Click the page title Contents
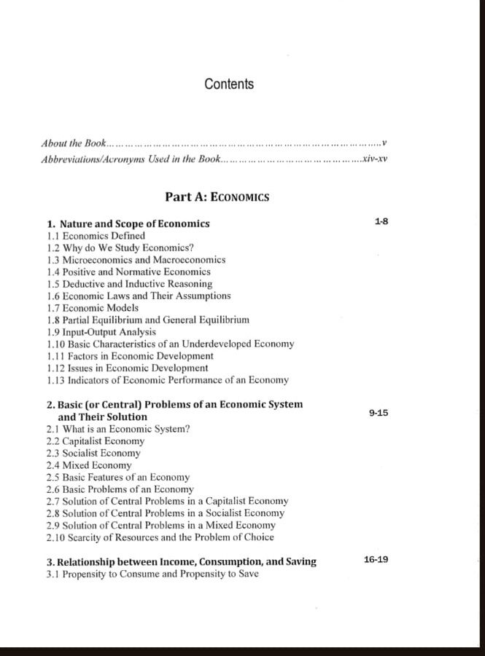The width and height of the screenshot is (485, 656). pyautogui.click(x=229, y=84)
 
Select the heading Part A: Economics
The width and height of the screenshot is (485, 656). pyautogui.click(x=217, y=197)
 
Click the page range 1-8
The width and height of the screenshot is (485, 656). pyautogui.click(x=381, y=221)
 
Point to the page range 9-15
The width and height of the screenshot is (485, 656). pyautogui.click(x=379, y=413)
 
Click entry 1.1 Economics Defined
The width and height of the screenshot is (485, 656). pyautogui.click(x=96, y=236)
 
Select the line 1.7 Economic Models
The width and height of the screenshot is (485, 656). pyautogui.click(x=92, y=308)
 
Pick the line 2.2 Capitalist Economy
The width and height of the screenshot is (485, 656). pyautogui.click(x=95, y=440)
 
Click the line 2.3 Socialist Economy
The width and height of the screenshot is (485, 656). pyautogui.click(x=93, y=453)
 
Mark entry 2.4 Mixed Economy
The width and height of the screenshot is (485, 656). pyautogui.click(x=88, y=465)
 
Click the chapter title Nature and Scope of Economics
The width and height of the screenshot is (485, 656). pyautogui.click(x=134, y=224)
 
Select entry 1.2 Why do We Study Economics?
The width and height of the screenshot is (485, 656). pyautogui.click(x=120, y=248)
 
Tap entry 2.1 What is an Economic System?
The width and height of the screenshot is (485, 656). pyautogui.click(x=117, y=429)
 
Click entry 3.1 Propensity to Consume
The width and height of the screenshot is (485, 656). pyautogui.click(x=152, y=574)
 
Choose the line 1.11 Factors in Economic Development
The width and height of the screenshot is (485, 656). pyautogui.click(x=130, y=356)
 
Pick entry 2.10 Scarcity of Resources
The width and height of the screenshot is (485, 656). pyautogui.click(x=160, y=537)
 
